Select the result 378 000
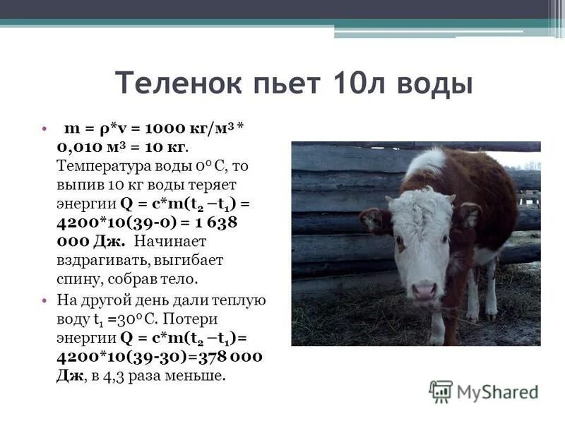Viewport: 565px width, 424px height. [220, 357]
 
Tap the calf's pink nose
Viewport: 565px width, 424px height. [424, 290]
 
